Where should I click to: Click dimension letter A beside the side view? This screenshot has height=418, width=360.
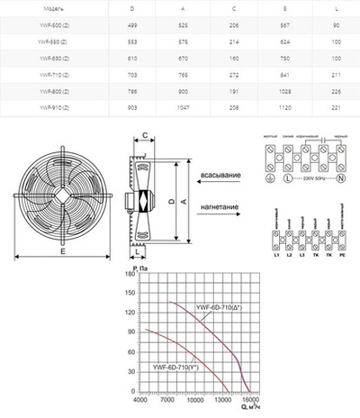click(185, 204)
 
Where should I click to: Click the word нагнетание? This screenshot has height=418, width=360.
click(220, 207)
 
